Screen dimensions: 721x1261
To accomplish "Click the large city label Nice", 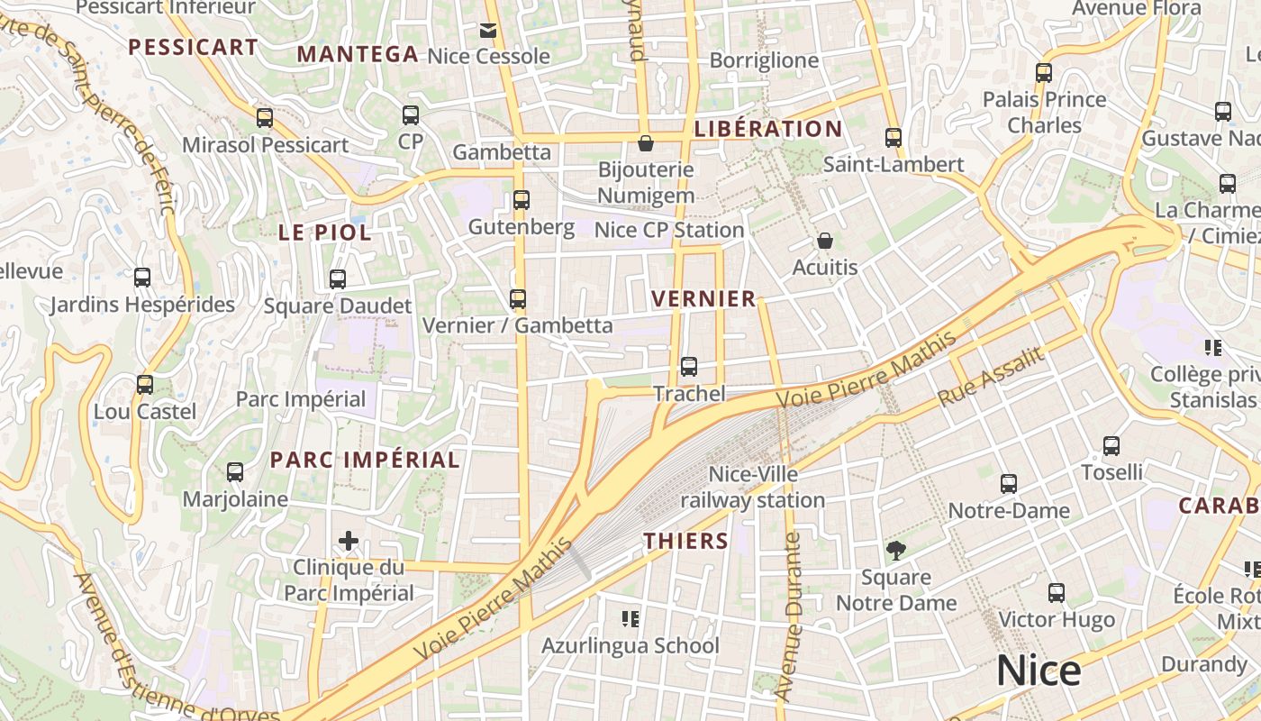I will [1038, 671].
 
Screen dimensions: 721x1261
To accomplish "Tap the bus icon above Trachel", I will [689, 367].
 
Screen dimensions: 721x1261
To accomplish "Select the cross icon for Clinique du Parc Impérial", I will [349, 541].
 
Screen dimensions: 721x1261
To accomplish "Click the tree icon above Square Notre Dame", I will [895, 550].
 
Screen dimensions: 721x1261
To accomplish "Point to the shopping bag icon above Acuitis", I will [824, 241].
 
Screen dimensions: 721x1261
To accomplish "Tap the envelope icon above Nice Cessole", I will [487, 31].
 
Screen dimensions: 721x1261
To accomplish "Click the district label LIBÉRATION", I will [768, 129].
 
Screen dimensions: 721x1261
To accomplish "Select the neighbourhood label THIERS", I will [685, 541].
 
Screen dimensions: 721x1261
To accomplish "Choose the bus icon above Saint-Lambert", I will [893, 138].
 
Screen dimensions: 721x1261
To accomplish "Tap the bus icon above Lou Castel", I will [145, 385].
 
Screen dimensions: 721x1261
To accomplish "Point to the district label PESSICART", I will [193, 47].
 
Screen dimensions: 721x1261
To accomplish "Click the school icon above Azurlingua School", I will [630, 618].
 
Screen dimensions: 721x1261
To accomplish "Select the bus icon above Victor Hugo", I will [1057, 593].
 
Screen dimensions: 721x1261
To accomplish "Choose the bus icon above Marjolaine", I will [235, 471].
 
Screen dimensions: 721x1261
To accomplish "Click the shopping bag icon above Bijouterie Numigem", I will [645, 142].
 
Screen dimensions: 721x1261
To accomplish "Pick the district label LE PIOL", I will [324, 232].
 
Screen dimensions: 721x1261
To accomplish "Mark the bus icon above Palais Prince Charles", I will [1044, 73].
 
